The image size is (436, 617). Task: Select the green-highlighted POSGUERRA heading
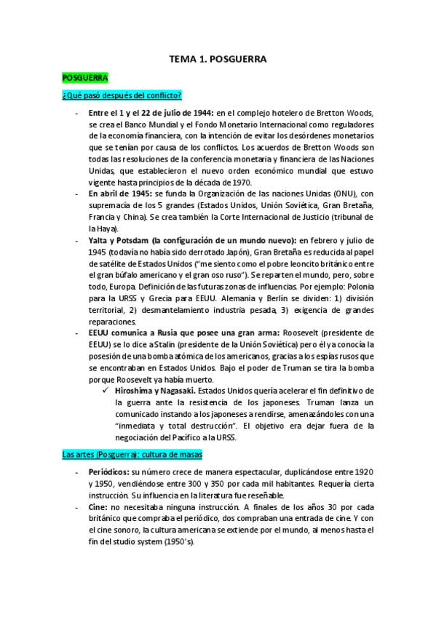coord(85,77)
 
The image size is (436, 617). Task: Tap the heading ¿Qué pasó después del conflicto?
coord(122,96)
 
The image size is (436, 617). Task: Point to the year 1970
coord(238,182)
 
